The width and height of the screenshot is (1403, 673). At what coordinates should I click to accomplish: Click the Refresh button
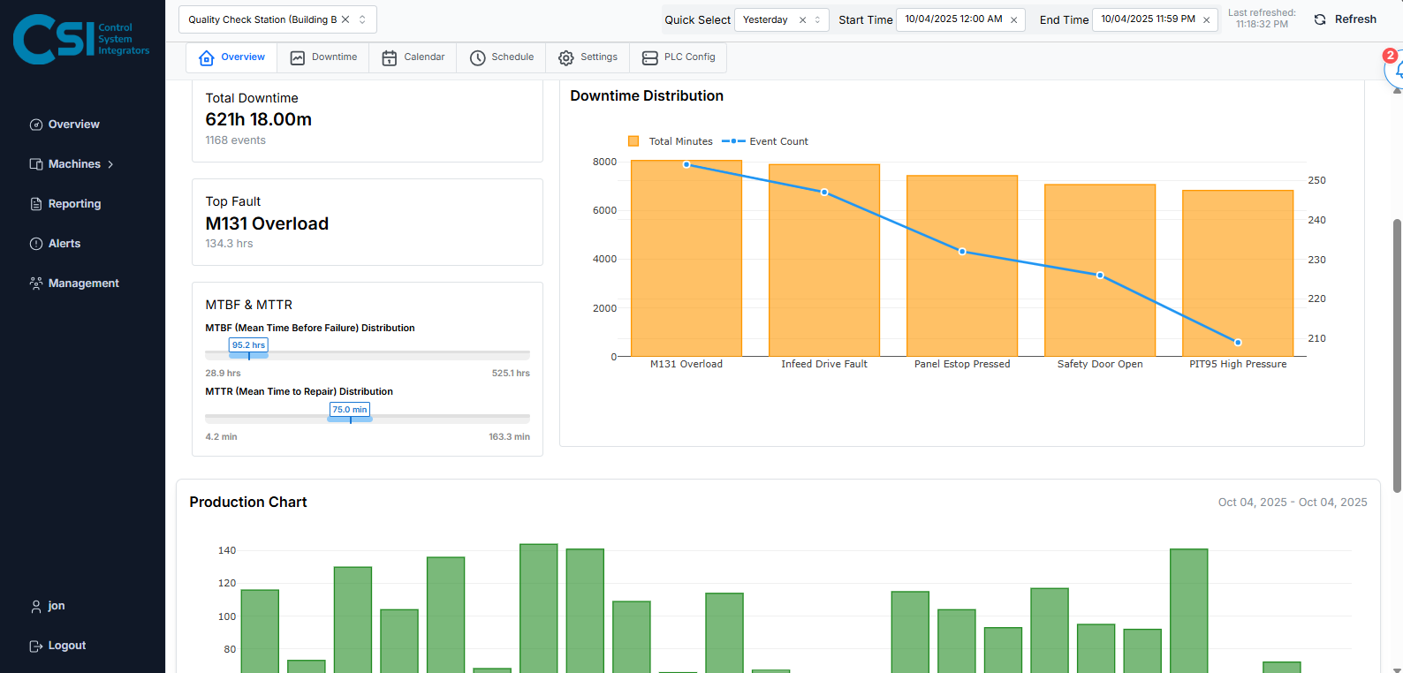tap(1345, 19)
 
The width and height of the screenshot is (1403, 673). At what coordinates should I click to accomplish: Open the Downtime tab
tap(323, 57)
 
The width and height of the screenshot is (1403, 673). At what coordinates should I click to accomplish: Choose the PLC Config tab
tap(679, 57)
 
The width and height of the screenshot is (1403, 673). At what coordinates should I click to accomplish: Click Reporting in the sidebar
tap(74, 204)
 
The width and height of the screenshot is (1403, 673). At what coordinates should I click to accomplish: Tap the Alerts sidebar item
tap(64, 244)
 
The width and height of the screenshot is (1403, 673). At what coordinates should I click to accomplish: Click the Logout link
tap(66, 646)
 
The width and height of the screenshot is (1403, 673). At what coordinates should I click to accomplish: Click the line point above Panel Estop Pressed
tap(962, 252)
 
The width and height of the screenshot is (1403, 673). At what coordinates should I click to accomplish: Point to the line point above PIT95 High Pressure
tap(1238, 343)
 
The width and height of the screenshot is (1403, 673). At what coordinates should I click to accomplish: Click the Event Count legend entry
tap(765, 141)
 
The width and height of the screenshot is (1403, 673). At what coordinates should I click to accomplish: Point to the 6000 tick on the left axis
tap(604, 210)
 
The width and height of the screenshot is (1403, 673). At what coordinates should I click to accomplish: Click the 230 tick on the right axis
tap(1316, 260)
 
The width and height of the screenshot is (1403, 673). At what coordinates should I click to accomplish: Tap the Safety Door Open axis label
tap(1100, 364)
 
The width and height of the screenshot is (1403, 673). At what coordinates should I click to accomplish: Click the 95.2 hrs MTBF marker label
tap(248, 345)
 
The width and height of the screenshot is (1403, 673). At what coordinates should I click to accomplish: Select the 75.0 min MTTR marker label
tap(350, 410)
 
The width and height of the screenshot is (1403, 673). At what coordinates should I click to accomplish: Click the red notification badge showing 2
tap(1390, 56)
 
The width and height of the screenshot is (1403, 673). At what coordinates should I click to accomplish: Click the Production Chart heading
tap(248, 502)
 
